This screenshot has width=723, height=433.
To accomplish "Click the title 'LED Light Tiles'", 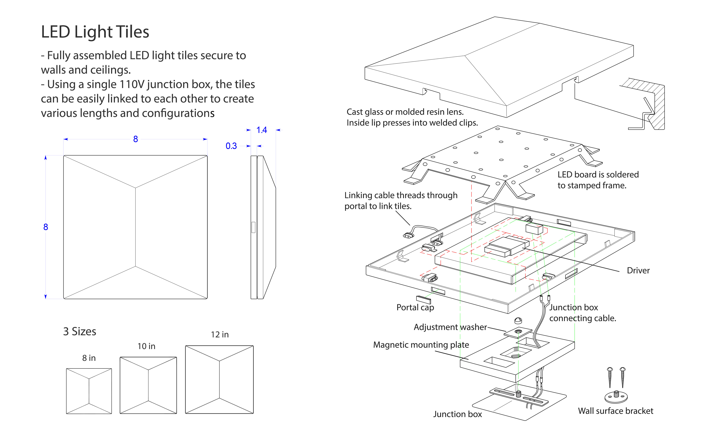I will pyautogui.click(x=95, y=32).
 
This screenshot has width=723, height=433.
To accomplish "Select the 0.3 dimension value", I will pyautogui.click(x=231, y=146).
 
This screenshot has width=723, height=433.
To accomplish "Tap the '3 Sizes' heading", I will pyautogui.click(x=80, y=331).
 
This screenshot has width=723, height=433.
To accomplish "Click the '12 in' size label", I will pyautogui.click(x=220, y=335).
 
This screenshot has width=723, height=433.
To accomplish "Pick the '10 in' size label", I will pyautogui.click(x=146, y=346).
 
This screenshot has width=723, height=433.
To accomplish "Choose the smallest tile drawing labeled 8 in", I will pyautogui.click(x=89, y=391).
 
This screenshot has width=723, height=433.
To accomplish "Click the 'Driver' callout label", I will pyautogui.click(x=638, y=271).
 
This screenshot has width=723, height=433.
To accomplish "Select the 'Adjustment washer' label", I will pyautogui.click(x=450, y=327).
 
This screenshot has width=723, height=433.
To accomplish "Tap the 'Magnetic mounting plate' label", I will pyautogui.click(x=421, y=345).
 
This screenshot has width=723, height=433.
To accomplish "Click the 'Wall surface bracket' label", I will pyautogui.click(x=616, y=411).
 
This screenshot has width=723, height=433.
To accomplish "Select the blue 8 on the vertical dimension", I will pyautogui.click(x=46, y=227).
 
